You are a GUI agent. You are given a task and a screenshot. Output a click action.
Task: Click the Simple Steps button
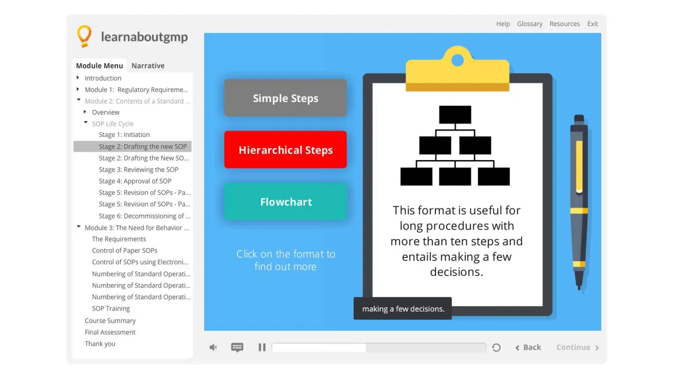tap(285, 98)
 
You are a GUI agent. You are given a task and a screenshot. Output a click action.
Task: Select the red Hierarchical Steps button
tap(285, 150)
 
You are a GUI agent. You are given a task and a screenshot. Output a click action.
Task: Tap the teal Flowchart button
tap(285, 202)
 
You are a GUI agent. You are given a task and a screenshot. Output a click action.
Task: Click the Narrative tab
tap(148, 66)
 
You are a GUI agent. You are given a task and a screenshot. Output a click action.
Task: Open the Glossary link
tap(530, 24)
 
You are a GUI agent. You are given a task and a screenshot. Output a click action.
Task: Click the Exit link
tap(592, 24)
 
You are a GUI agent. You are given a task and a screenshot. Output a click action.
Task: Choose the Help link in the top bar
tap(503, 24)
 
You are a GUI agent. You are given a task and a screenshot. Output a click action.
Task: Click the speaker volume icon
tap(213, 347)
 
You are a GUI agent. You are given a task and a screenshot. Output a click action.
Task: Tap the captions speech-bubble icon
tap(237, 347)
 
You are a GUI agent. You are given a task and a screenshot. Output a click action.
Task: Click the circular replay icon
tap(496, 347)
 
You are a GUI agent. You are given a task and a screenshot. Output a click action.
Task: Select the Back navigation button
tap(528, 347)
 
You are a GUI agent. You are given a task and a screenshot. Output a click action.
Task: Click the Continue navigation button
tap(578, 347)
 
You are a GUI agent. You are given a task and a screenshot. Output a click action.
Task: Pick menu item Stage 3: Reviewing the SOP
tap(138, 169)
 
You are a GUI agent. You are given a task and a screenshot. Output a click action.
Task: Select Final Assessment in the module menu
tap(110, 332)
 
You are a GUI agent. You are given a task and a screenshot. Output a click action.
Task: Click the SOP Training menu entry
tap(111, 308)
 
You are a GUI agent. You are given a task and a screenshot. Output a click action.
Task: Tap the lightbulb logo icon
tap(84, 36)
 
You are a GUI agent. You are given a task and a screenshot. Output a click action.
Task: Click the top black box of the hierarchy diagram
tap(455, 115)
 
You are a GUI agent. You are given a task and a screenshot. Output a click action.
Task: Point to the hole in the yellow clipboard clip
tap(458, 60)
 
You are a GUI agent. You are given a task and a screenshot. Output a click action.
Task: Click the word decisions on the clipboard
tap(456, 272)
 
